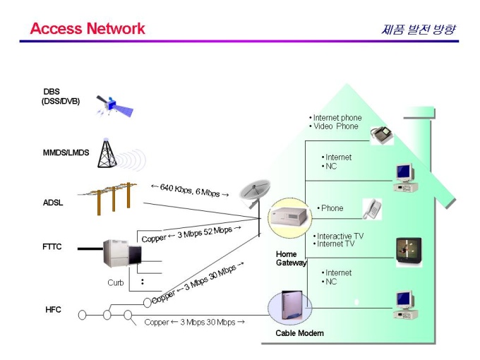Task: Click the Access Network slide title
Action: pos(88,28)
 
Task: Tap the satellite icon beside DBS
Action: pos(114,106)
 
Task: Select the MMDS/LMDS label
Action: pos(66,152)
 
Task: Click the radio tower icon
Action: pos(107,153)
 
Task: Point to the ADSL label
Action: pos(53,203)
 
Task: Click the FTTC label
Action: pos(52,247)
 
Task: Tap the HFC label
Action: pos(53,310)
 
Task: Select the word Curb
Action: pos(115,282)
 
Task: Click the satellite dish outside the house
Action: pos(254,193)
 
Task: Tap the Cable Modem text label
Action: pos(299,333)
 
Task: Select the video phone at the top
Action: pos(381,135)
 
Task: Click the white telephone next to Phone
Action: pos(372,209)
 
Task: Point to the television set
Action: pos(409,251)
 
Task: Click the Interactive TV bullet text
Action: pos(340,236)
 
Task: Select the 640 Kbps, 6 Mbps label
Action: pos(190,191)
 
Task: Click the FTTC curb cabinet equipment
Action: pos(122,253)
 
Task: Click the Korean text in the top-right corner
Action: pos(419,30)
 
